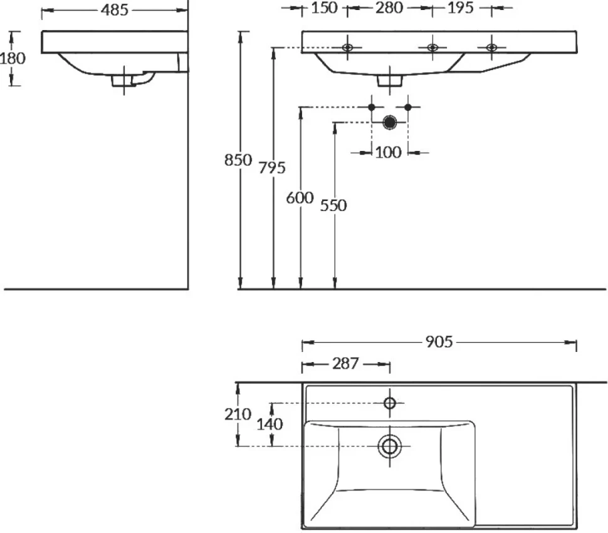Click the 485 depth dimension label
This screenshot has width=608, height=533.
114,10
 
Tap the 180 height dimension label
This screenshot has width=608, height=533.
13,58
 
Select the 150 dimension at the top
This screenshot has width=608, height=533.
325,8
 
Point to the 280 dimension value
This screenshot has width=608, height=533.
389,8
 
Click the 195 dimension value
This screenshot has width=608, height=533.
461,8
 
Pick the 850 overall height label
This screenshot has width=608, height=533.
238,160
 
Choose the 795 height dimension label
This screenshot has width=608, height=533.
272,168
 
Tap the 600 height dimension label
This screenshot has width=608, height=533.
300,198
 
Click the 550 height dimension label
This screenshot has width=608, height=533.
333,205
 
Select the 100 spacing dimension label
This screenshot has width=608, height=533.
388,153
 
